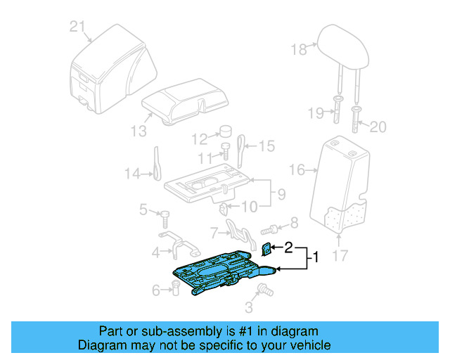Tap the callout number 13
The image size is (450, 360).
139,130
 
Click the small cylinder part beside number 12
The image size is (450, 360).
226,132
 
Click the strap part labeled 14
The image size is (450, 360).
156,163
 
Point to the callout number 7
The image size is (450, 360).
214,231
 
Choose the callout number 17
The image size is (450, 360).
340,258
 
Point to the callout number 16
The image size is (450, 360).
297,169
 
